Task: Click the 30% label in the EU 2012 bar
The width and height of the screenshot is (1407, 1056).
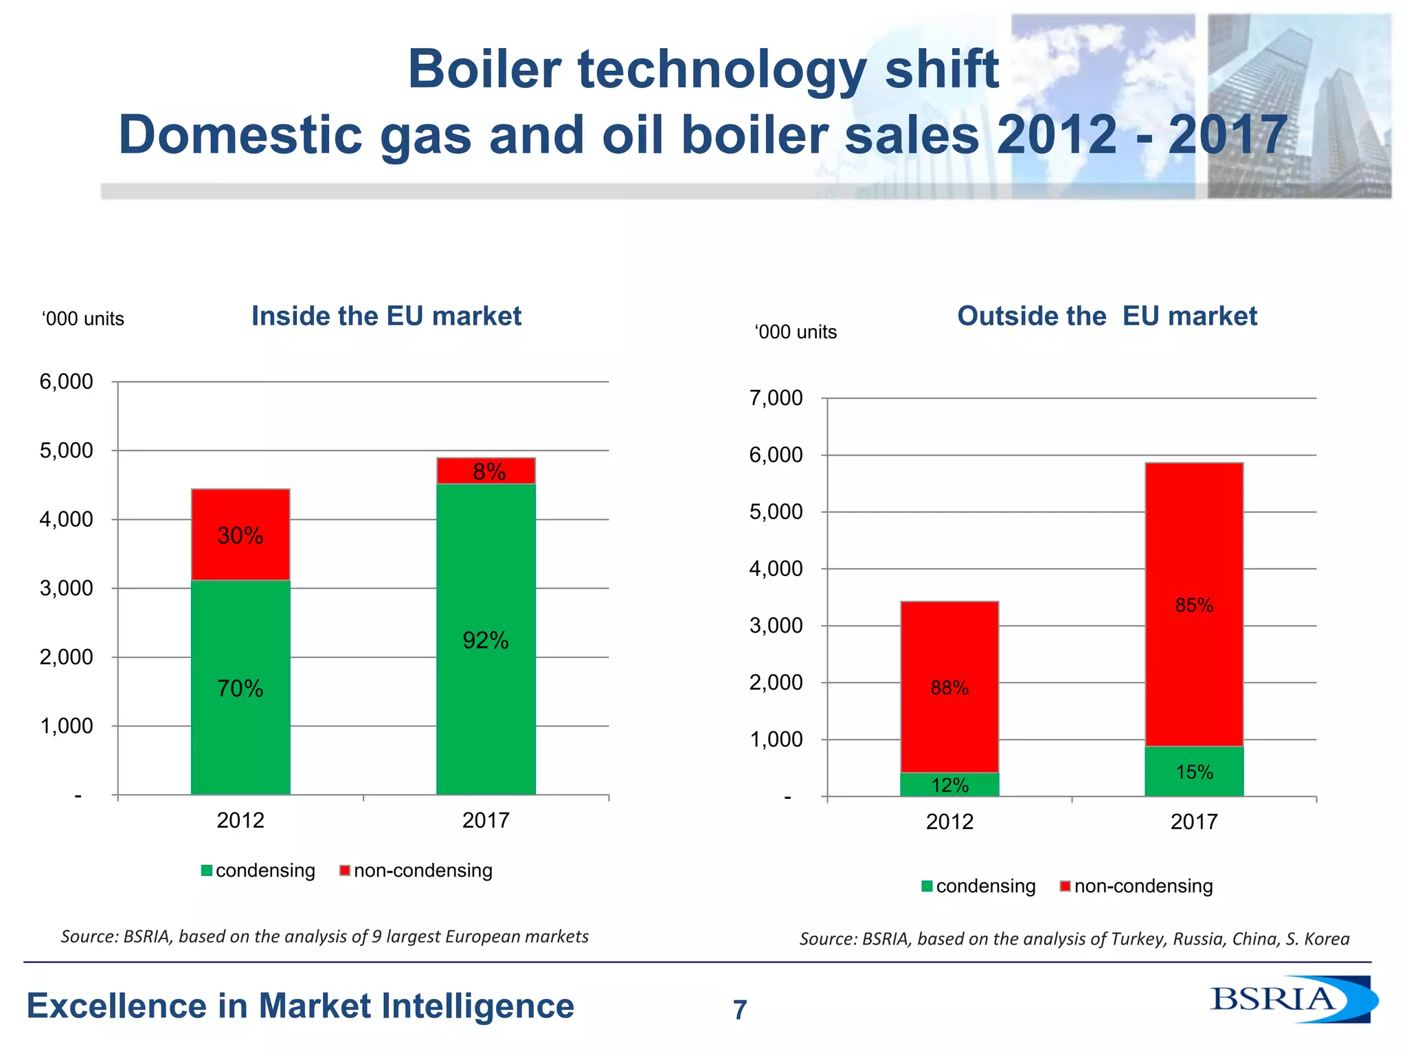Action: click(240, 536)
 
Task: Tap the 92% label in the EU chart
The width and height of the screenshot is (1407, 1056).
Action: click(485, 641)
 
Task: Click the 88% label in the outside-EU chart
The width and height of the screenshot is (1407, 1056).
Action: click(949, 687)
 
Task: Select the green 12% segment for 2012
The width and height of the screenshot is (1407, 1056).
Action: click(949, 784)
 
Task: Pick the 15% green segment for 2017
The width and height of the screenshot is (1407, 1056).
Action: click(1194, 772)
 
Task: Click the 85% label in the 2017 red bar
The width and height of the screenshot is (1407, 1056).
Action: click(1194, 605)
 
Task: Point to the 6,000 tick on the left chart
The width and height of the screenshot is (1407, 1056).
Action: click(67, 382)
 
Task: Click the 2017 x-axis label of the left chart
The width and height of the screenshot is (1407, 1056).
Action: click(485, 820)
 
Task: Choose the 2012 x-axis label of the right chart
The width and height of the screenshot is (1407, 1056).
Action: click(949, 822)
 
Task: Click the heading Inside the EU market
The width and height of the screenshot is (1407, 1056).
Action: click(386, 316)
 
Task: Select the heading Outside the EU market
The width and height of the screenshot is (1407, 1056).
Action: click(1107, 316)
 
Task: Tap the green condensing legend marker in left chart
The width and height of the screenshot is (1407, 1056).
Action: click(207, 871)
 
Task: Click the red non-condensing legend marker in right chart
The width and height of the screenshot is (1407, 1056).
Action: click(1065, 886)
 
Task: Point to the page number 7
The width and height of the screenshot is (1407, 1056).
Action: click(739, 1010)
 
